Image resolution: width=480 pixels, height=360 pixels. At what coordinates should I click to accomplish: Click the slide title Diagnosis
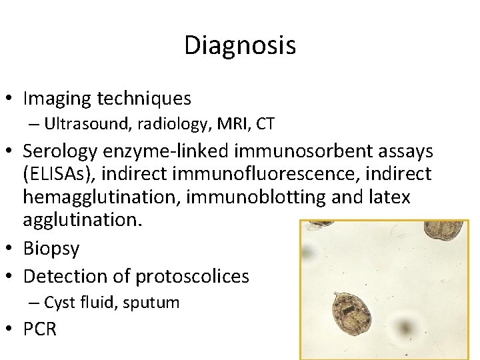[240, 46]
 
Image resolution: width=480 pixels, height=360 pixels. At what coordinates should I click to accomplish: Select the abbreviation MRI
[227, 123]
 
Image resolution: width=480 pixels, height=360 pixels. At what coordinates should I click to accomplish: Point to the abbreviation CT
[265, 123]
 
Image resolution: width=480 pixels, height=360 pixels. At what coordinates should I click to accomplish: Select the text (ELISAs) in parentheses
[57, 175]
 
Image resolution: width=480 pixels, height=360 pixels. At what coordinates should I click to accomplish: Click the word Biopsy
[51, 249]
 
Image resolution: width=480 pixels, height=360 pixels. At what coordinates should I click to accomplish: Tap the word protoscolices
[192, 275]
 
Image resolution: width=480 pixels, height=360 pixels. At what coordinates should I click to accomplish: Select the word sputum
[157, 302]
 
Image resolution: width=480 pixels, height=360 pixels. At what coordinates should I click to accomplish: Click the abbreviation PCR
[40, 329]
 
